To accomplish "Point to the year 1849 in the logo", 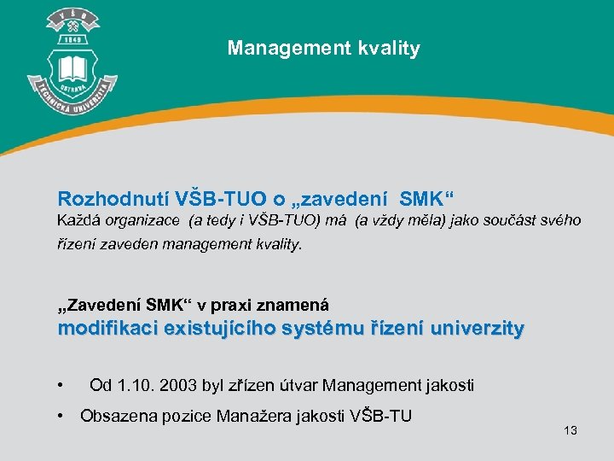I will [72, 39].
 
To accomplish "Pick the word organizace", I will [144, 220].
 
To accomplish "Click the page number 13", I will [571, 430].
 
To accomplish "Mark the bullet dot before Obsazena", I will [61, 416].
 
